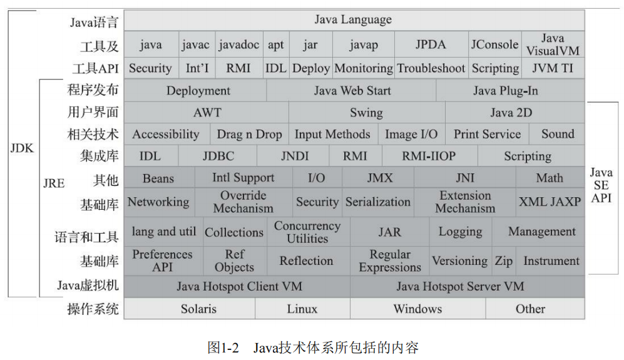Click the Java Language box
[x=353, y=20]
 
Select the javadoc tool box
[x=238, y=44]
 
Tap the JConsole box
[x=494, y=44]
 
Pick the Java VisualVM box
[x=553, y=44]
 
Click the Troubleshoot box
[x=431, y=68]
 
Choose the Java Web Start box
[x=352, y=91]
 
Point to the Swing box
[x=366, y=113]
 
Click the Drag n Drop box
[x=249, y=134]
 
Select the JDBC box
[x=218, y=156]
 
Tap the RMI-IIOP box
[x=429, y=156]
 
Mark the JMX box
[x=379, y=178]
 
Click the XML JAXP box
[x=550, y=202]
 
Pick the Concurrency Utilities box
[x=307, y=232]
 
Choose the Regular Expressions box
[x=390, y=261]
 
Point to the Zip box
[x=503, y=261]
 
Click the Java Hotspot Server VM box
[x=460, y=287]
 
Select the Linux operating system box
[x=302, y=309]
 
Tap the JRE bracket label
[x=54, y=183]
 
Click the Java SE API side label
[x=601, y=185]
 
